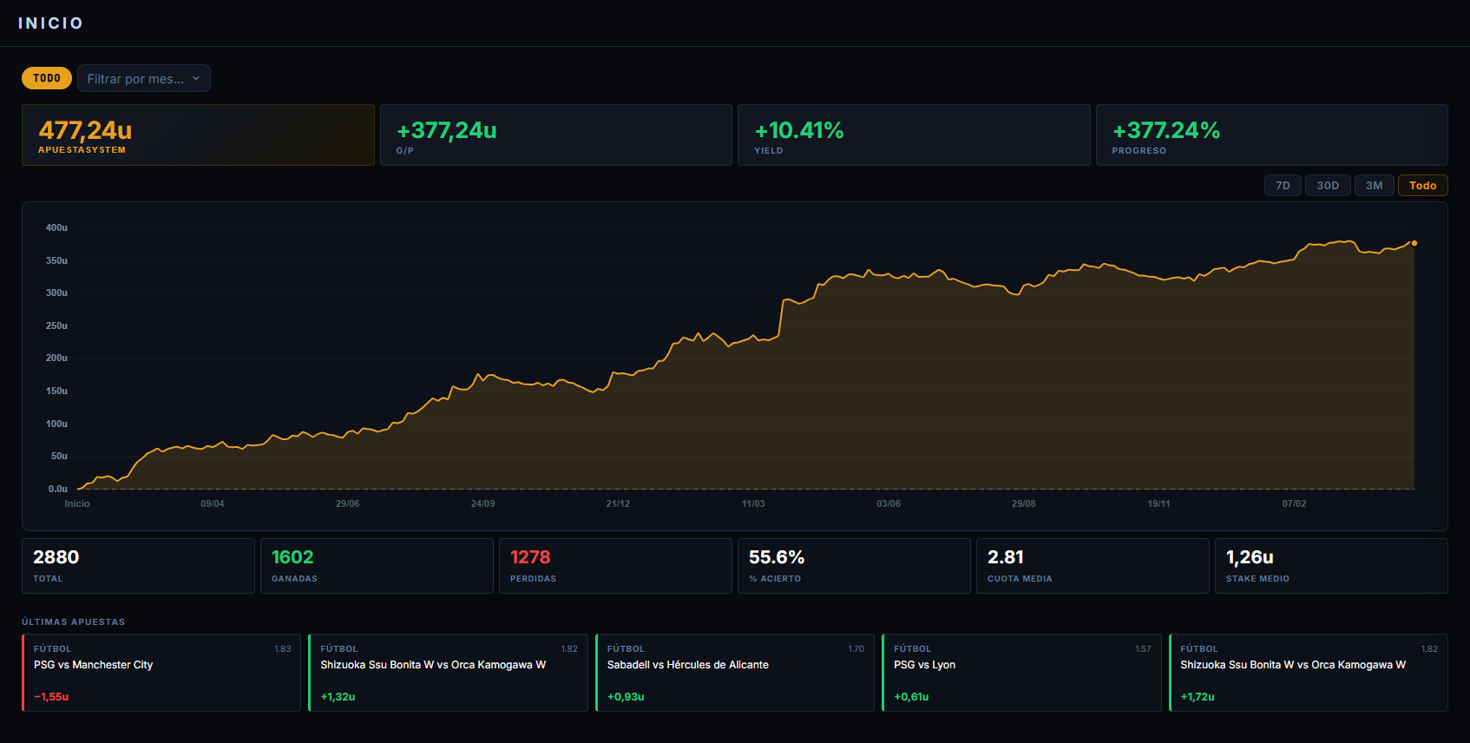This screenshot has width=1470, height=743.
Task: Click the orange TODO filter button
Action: pyautogui.click(x=47, y=78)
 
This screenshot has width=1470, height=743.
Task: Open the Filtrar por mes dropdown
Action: pyautogui.click(x=144, y=78)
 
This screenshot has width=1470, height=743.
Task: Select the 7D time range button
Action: pyautogui.click(x=1283, y=186)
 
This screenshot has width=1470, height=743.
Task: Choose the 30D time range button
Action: pyautogui.click(x=1328, y=186)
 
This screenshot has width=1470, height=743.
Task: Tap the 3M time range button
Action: pyautogui.click(x=1375, y=186)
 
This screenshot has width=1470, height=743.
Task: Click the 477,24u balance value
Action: pyautogui.click(x=85, y=130)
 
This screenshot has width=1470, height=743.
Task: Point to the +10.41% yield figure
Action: pyautogui.click(x=799, y=130)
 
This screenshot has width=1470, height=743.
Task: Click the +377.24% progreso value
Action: pyautogui.click(x=1166, y=130)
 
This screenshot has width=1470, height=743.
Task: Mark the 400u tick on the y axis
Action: pyautogui.click(x=56, y=228)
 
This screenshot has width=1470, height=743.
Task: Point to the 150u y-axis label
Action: pyautogui.click(x=56, y=391)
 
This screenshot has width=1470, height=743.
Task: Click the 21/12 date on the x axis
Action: pyautogui.click(x=618, y=503)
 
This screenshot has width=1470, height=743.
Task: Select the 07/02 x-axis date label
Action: pyautogui.click(x=1294, y=503)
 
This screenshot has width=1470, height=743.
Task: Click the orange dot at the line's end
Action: pyautogui.click(x=1414, y=243)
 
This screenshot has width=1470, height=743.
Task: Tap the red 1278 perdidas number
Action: pyautogui.click(x=530, y=557)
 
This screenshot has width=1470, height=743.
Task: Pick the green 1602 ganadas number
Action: pyautogui.click(x=292, y=557)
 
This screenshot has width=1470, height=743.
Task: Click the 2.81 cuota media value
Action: pyautogui.click(x=1006, y=557)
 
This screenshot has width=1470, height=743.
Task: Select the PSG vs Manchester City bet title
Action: pyautogui.click(x=93, y=665)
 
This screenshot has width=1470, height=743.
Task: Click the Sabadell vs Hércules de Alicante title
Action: pyautogui.click(x=688, y=665)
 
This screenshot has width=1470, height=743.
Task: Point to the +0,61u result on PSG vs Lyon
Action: pyautogui.click(x=911, y=697)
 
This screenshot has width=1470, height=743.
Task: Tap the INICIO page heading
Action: pyautogui.click(x=50, y=23)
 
